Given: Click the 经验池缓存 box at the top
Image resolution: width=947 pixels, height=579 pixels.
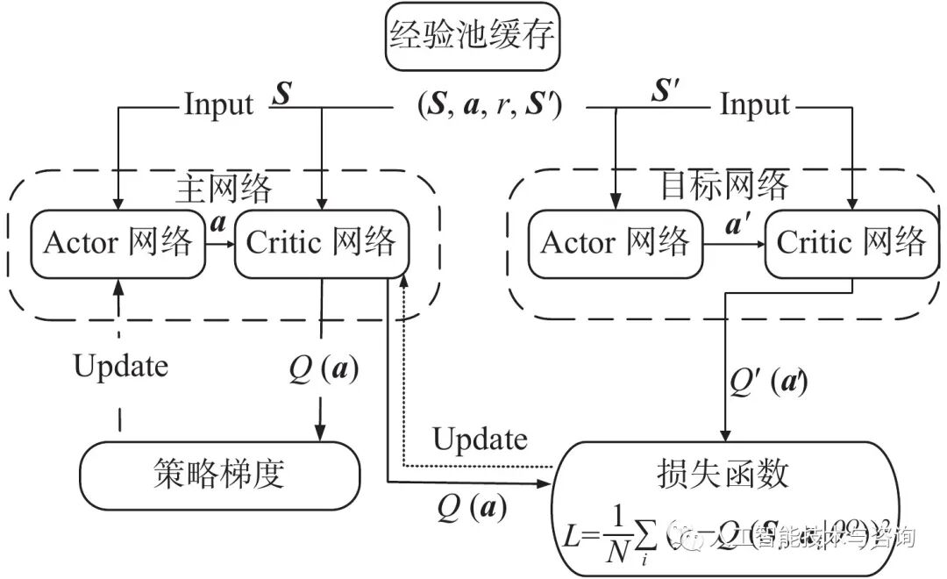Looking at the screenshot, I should point(473,39).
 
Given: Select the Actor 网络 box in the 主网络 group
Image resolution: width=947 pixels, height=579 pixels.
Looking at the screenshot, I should point(117,243).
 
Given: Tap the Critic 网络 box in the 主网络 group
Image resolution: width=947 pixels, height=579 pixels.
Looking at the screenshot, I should point(322,243).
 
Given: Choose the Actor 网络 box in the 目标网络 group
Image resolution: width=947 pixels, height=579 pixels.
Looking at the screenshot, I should point(616,242).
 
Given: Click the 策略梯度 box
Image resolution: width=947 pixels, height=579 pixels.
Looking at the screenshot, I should point(219,475).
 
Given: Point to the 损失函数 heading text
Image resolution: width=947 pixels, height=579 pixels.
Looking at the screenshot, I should point(723,474).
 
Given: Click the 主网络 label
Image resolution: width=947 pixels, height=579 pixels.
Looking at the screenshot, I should point(224,187).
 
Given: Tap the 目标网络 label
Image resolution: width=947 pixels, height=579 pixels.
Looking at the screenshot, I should point(723,185).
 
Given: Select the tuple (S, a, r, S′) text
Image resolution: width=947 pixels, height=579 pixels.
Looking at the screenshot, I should point(489,105).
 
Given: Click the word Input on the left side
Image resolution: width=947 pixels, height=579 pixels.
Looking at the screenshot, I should point(218,105).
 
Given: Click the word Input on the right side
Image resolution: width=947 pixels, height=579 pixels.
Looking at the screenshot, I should point(755,105).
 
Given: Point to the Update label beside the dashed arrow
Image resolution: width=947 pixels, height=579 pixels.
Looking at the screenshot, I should point(121,365).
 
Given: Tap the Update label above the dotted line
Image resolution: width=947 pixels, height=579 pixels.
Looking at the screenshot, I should point(481,438).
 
